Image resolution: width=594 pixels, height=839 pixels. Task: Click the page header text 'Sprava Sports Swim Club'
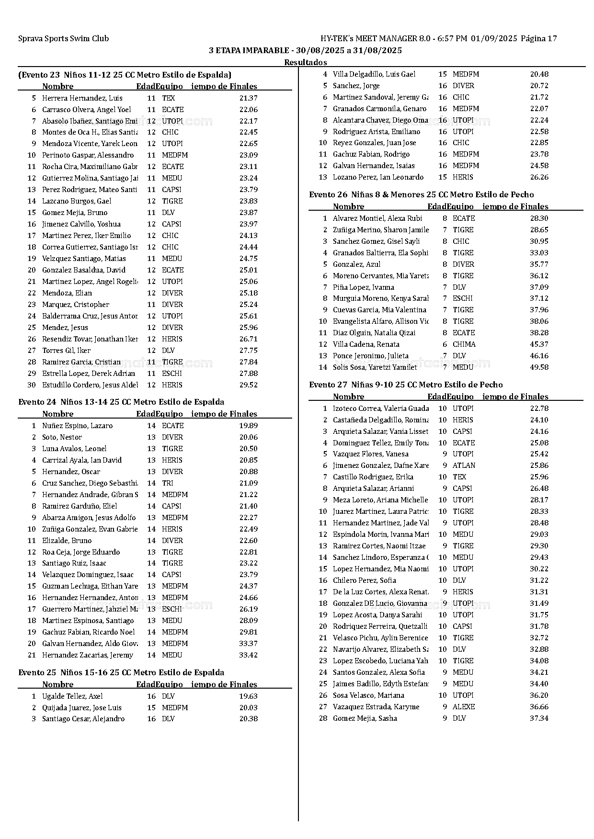[63, 39]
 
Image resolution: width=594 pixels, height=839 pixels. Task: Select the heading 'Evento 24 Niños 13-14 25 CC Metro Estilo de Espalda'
[121, 402]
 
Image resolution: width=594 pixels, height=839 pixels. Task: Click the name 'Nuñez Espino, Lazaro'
[77, 426]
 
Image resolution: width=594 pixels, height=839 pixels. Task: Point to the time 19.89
[248, 426]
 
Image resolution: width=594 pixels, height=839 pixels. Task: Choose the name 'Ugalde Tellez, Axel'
[72, 696]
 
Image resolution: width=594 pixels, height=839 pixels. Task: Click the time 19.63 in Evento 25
[248, 696]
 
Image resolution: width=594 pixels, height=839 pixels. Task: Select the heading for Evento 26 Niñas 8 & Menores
[421, 194]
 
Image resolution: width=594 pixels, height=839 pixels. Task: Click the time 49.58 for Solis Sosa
[539, 367]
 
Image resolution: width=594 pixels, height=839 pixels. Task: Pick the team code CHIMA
[464, 344]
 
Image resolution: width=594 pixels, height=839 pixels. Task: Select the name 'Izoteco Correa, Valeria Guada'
[380, 408]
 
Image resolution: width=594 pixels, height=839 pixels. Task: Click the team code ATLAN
[464, 465]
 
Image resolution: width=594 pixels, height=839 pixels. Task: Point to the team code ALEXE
[463, 707]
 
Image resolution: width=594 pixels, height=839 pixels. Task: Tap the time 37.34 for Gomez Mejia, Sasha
[539, 718]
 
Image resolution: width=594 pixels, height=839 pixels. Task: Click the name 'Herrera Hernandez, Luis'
[82, 98]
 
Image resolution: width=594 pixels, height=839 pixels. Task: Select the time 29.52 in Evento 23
[248, 385]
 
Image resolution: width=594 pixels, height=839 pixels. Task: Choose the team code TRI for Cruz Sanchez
[167, 483]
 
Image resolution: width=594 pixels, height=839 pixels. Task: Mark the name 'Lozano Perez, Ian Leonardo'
[378, 177]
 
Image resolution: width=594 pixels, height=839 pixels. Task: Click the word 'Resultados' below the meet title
[305, 62]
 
